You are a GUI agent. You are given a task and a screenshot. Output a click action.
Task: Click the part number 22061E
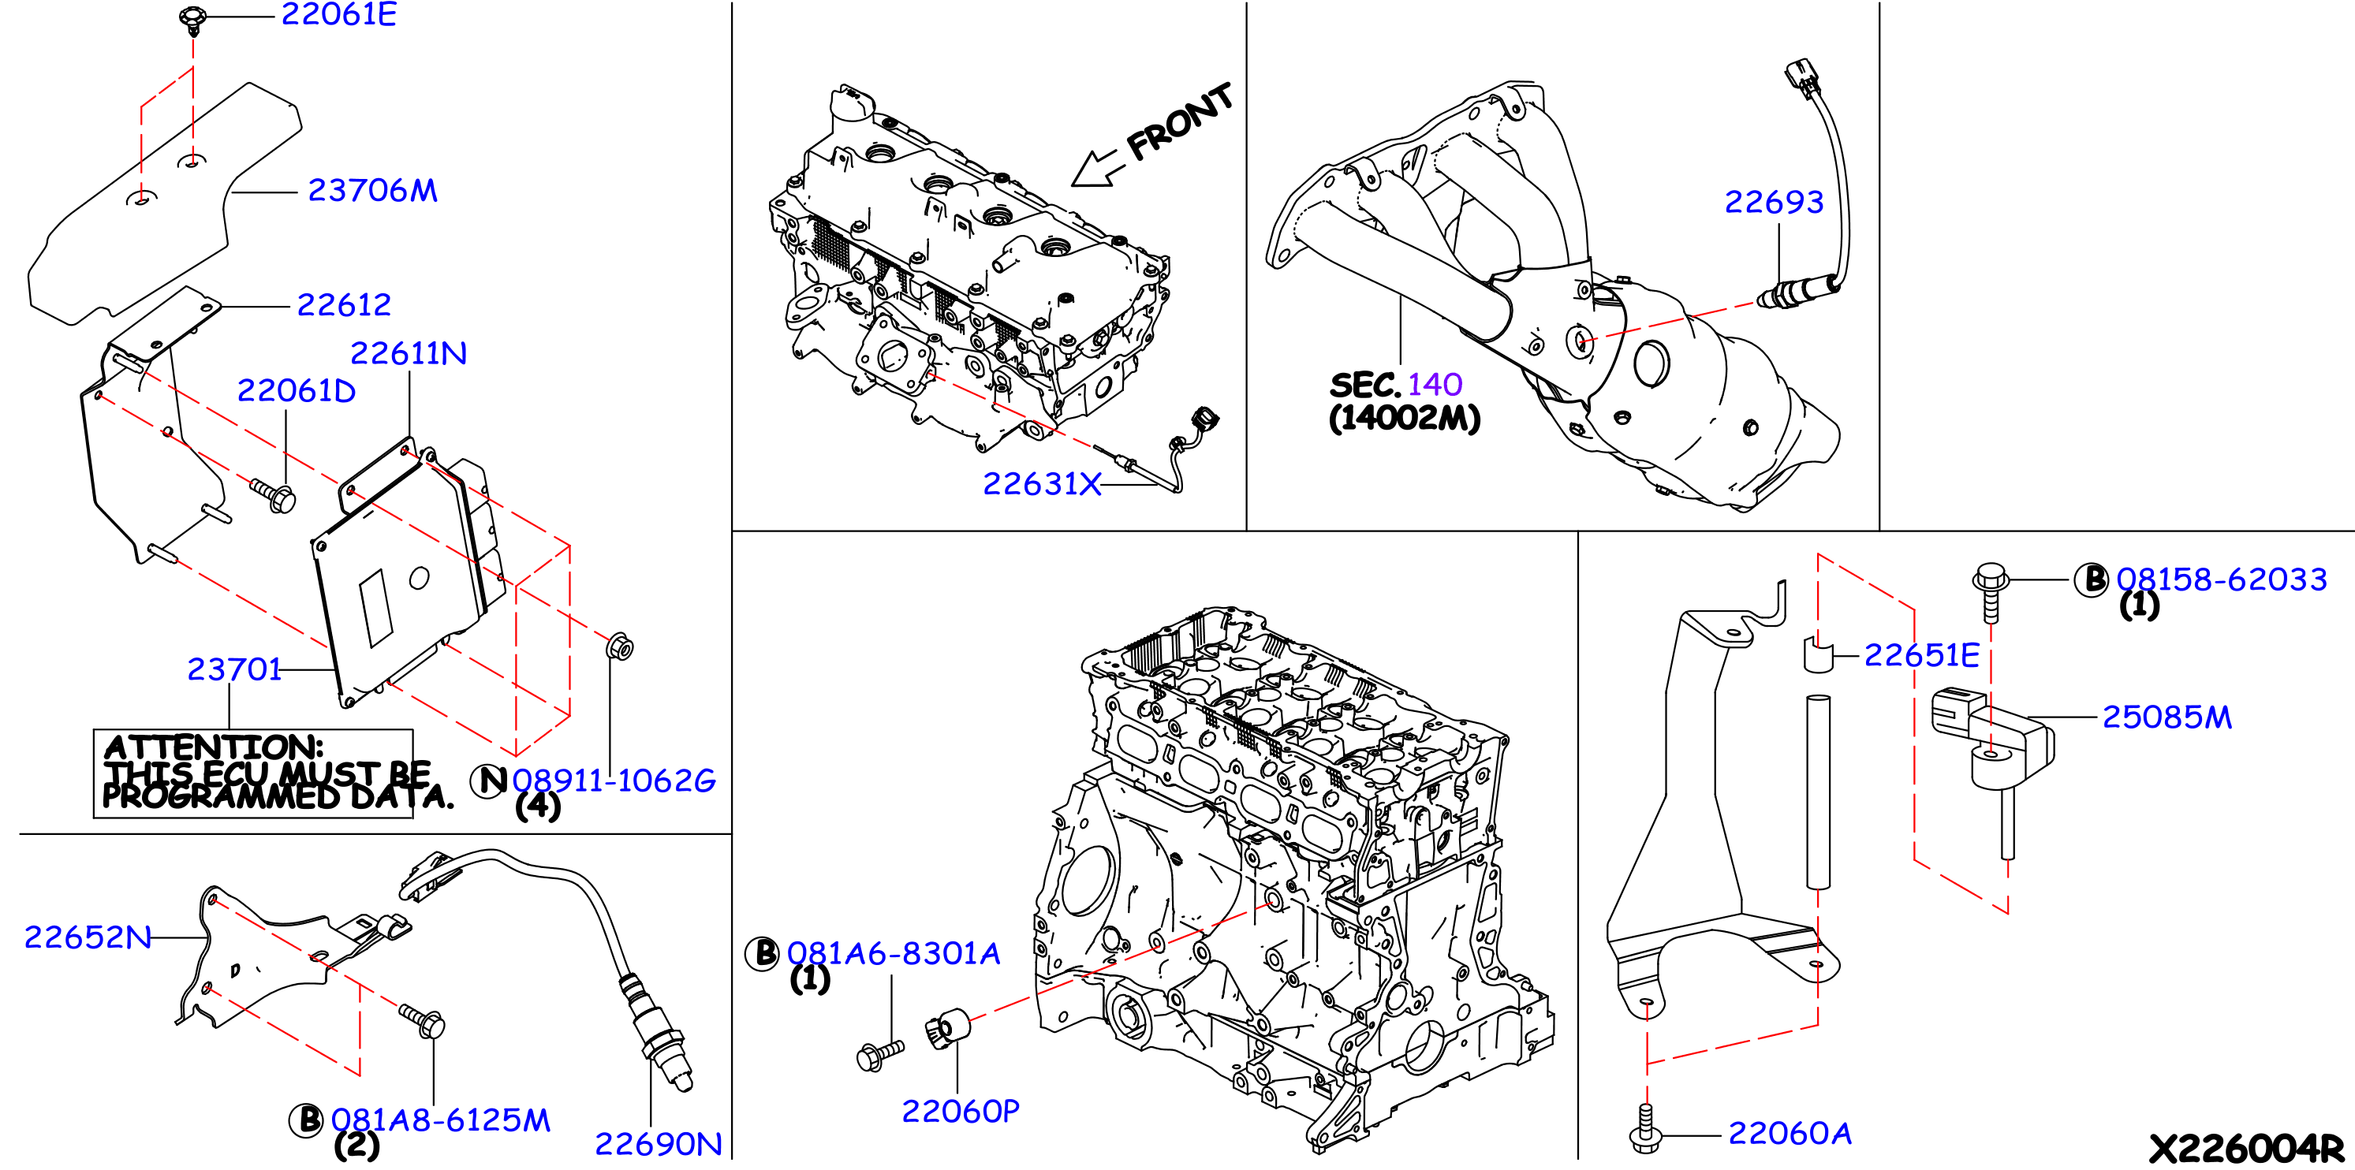click(338, 15)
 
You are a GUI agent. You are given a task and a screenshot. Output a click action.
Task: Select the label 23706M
click(373, 190)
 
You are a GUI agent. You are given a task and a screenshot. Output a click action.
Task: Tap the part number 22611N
click(409, 353)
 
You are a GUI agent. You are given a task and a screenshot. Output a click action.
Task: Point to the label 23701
click(234, 669)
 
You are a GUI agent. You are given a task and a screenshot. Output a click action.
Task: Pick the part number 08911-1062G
click(614, 781)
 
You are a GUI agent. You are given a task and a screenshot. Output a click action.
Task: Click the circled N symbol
click(489, 781)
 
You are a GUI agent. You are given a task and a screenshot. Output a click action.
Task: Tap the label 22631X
click(1042, 483)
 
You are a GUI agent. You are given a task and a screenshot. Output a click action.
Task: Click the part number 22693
click(1774, 202)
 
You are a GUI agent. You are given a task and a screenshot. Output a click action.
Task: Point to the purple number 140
click(1435, 385)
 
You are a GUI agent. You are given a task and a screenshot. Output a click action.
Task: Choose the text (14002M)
click(1404, 419)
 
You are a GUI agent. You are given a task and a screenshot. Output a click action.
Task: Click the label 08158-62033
click(2222, 579)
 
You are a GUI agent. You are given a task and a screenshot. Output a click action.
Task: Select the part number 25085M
click(2167, 717)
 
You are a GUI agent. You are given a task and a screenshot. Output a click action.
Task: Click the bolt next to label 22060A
click(1644, 1128)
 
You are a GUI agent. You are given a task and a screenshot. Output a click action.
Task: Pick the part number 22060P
click(961, 1112)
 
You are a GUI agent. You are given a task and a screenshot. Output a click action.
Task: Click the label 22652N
click(88, 937)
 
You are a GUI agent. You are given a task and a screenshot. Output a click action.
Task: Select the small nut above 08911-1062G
click(619, 646)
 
